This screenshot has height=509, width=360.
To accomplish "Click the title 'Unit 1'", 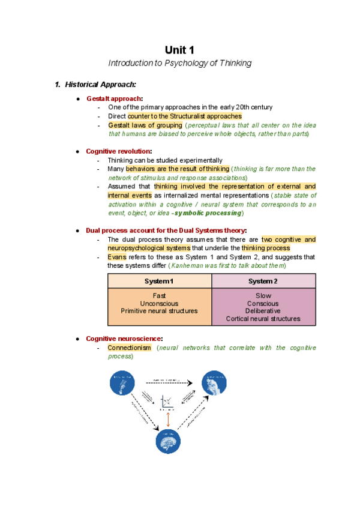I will click(x=179, y=50).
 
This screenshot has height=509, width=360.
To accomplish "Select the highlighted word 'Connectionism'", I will click(x=129, y=348).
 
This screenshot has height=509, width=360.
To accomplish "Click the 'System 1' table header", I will click(x=159, y=281).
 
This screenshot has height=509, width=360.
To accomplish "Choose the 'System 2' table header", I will click(x=263, y=281).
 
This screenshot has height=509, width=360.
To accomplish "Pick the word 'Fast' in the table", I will click(x=159, y=295).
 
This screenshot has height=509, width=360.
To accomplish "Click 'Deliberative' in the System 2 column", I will click(x=263, y=311).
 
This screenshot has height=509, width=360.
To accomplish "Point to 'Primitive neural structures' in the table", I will click(x=159, y=311).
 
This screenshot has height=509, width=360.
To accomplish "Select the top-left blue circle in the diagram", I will click(x=122, y=382).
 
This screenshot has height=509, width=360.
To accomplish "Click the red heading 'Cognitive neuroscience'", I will click(x=124, y=339).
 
